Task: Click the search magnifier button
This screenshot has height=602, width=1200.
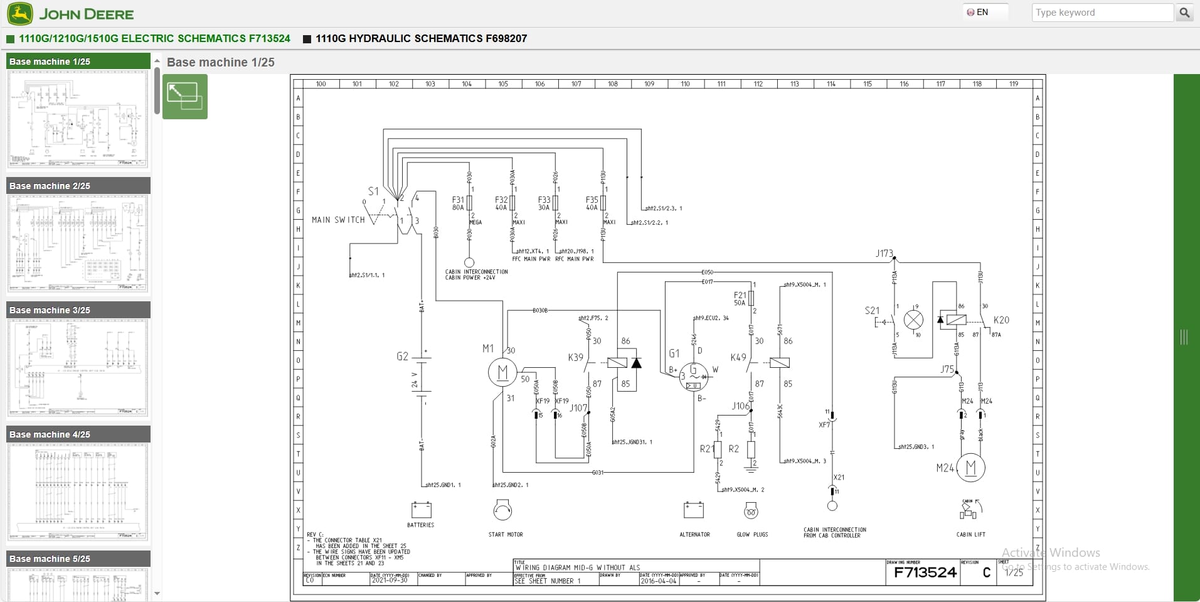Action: click(1184, 13)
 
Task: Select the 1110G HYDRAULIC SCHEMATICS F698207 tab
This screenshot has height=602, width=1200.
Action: click(420, 38)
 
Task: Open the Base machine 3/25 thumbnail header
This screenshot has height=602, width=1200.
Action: click(78, 310)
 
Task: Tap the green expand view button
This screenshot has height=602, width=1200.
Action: click(184, 97)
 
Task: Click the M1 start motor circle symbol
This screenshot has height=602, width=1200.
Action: click(502, 372)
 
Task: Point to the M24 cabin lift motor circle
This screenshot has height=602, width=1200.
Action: click(971, 467)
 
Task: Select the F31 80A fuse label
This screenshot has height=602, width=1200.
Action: click(458, 203)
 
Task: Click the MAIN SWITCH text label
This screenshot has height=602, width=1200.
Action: click(338, 220)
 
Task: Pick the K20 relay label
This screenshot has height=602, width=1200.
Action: click(1001, 320)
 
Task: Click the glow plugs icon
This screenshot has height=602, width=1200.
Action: click(751, 512)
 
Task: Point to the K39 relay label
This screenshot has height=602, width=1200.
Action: click(575, 357)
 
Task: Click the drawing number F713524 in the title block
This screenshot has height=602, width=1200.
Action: click(925, 572)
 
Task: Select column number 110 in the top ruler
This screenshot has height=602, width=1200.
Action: click(685, 83)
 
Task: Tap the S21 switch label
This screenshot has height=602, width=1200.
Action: click(872, 310)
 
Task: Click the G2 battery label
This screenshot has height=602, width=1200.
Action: click(402, 356)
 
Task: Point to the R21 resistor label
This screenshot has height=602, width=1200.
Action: click(706, 449)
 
